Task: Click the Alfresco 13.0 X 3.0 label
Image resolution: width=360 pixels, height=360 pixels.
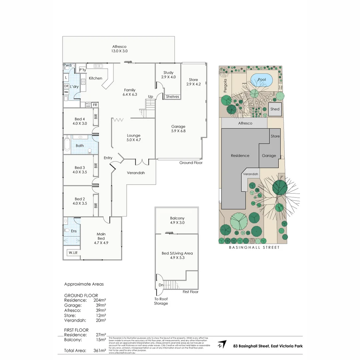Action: pyautogui.click(x=119, y=49)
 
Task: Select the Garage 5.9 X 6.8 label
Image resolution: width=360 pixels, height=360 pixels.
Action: pyautogui.click(x=178, y=129)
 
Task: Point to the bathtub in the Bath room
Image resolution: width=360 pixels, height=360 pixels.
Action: pyautogui.click(x=67, y=145)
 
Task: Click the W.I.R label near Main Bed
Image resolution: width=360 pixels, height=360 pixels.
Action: pyautogui.click(x=73, y=253)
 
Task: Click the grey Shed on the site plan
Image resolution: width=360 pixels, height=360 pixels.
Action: pyautogui.click(x=275, y=109)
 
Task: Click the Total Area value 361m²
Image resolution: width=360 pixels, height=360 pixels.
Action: pyautogui.click(x=100, y=350)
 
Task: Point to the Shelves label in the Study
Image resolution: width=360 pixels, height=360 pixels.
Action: pyautogui.click(x=172, y=97)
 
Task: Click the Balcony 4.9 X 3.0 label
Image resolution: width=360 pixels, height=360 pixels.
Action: pyautogui.click(x=177, y=220)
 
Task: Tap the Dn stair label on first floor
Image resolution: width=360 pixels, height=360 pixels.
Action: pyautogui.click(x=161, y=285)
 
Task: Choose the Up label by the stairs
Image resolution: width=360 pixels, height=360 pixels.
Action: pyautogui.click(x=151, y=97)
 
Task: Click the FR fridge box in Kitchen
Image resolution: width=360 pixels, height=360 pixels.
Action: pyautogui.click(x=95, y=105)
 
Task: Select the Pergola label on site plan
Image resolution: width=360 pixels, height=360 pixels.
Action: pyautogui.click(x=225, y=85)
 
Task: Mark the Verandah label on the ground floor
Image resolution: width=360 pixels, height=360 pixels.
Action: pyautogui.click(x=136, y=173)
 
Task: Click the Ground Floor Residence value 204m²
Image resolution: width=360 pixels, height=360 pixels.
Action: pyautogui.click(x=100, y=300)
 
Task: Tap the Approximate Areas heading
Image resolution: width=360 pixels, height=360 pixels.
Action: pyautogui.click(x=84, y=284)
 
